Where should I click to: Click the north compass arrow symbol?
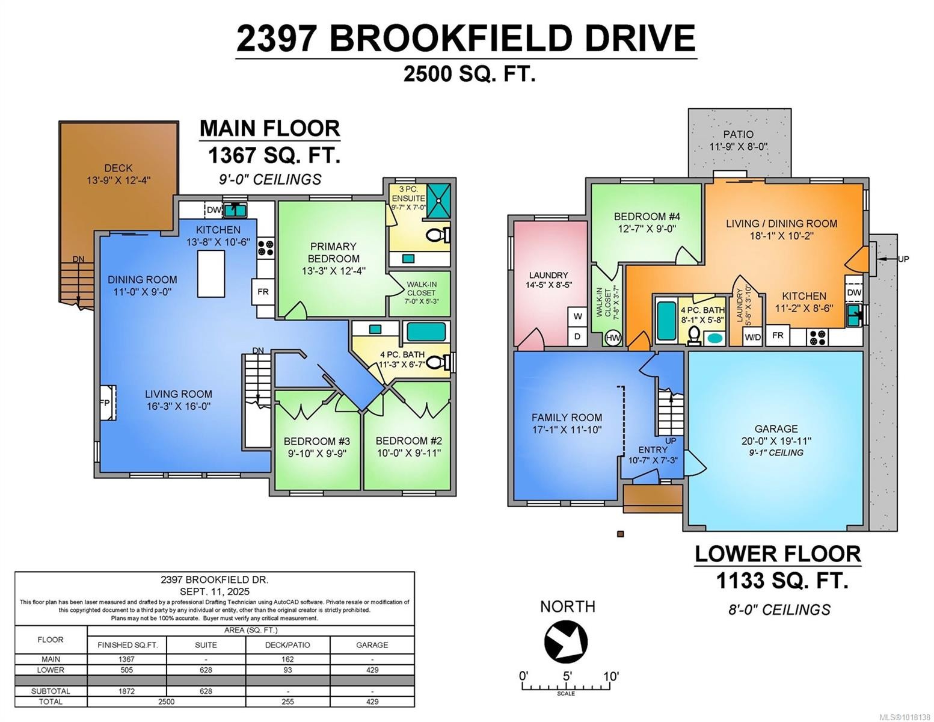click(565, 642)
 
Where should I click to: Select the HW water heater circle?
click(613, 338)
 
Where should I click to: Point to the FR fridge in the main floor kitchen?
click(263, 292)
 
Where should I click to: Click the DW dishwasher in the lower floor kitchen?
click(853, 292)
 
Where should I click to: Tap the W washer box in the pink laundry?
click(577, 316)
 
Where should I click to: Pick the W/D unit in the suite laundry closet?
click(752, 337)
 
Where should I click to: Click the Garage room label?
click(776, 429)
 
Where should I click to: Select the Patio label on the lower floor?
click(738, 134)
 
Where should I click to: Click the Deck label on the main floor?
click(118, 168)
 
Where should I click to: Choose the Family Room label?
click(567, 418)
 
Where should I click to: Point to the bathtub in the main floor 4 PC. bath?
click(426, 332)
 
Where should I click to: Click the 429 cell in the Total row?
click(372, 702)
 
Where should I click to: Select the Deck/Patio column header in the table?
click(287, 644)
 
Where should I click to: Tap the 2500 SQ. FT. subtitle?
click(469, 74)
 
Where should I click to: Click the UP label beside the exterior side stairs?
click(903, 259)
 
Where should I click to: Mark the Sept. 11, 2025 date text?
click(214, 591)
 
